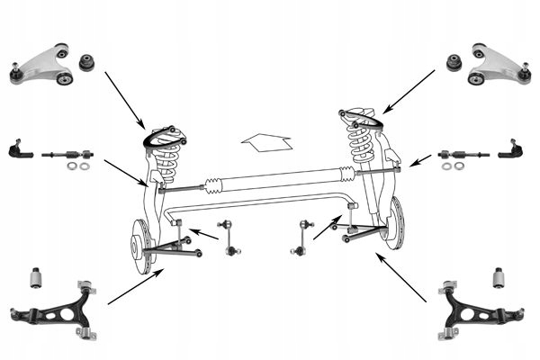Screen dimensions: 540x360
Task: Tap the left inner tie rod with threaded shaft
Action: pyautogui.click(x=65, y=154)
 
